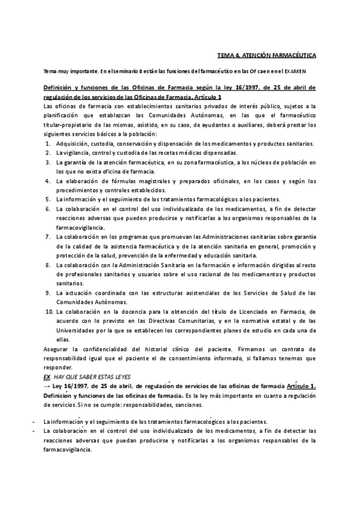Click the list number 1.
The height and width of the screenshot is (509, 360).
(48, 144)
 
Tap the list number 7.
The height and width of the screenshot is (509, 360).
(48, 236)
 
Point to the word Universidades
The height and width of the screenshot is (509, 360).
(80, 330)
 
